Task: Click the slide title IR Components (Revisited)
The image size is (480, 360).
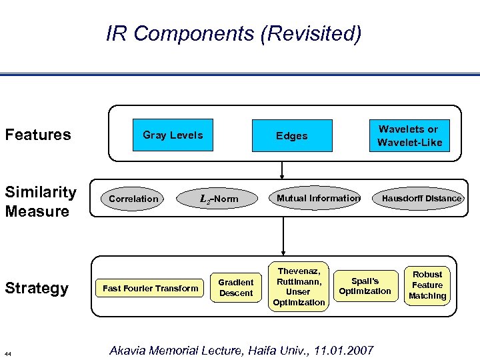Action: point(233,33)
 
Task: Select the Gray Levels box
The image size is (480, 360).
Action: point(173,135)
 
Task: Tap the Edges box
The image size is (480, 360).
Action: point(292,136)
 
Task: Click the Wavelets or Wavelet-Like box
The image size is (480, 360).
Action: point(409,135)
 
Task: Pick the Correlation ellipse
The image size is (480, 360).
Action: point(134,199)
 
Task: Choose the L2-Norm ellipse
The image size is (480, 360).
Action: point(219,199)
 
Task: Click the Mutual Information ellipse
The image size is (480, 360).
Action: point(318,198)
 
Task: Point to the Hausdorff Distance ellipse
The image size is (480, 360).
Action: point(421,198)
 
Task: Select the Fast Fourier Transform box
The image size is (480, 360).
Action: point(150,288)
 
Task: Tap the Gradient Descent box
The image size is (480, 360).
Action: point(236,287)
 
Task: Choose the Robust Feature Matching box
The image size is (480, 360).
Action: point(427,285)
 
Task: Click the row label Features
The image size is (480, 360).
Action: point(38,135)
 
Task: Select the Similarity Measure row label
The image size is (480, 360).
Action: point(41,202)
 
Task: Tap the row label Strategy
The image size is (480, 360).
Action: point(37,288)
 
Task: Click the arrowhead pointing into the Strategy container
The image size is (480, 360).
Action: point(283,251)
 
